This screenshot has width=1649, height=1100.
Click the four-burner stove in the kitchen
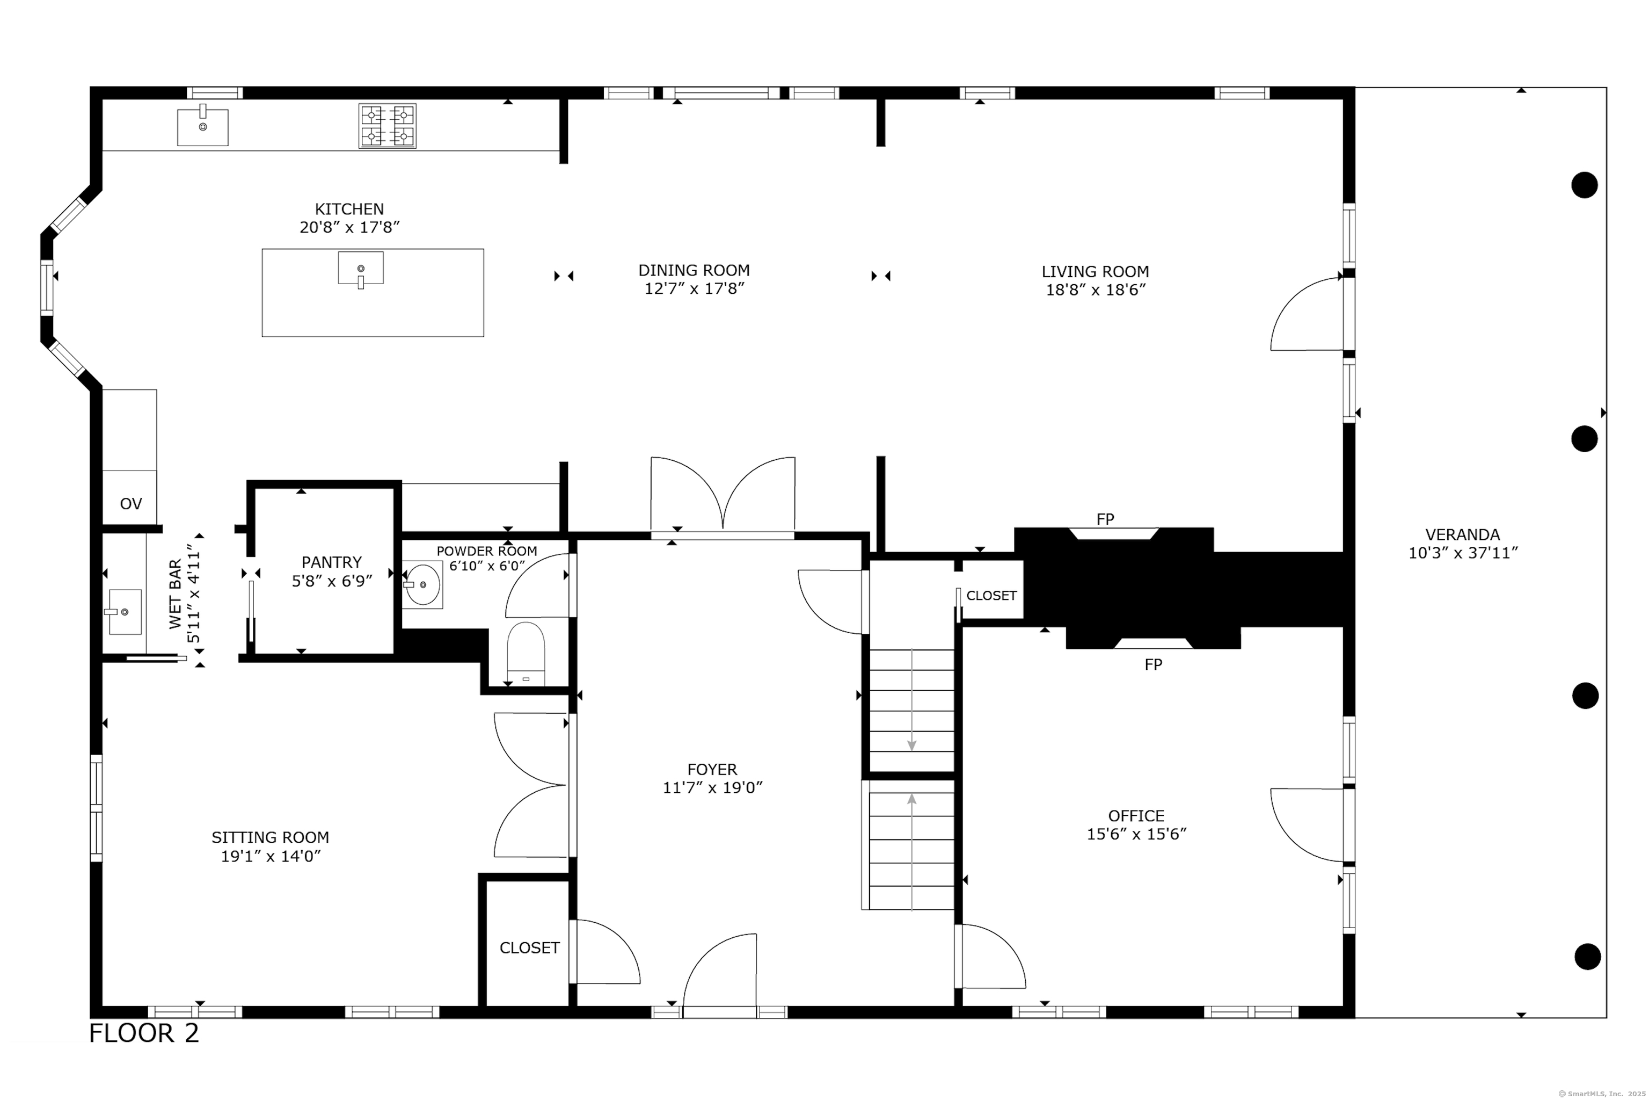pos(388,126)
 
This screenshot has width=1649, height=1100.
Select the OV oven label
pos(131,504)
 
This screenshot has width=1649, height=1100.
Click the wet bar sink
pos(124,612)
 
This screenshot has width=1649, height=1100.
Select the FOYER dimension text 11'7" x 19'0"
pos(712,788)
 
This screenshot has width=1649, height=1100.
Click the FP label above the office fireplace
pos(1154,664)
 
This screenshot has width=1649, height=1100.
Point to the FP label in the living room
pos(1105,519)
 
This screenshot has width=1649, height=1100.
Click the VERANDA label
pos(1463,534)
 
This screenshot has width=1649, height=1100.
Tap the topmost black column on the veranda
pos(1585,185)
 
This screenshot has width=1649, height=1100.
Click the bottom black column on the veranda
pos(1587,956)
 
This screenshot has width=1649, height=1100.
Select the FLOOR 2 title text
pos(144,1033)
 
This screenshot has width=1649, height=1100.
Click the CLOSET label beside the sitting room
pos(529,948)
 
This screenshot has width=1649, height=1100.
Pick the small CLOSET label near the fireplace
pos(991,596)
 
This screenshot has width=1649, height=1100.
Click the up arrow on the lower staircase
pos(911,852)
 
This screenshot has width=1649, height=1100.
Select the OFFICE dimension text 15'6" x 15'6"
pos(1136,834)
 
